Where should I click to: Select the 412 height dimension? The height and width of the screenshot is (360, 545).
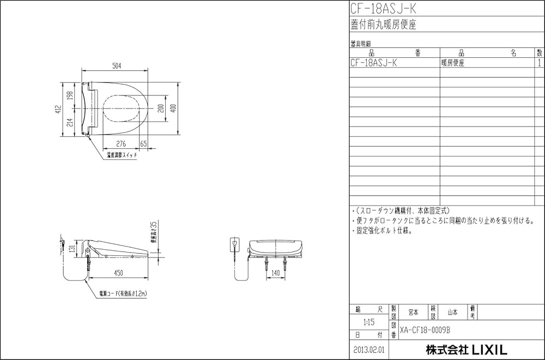point(58,109)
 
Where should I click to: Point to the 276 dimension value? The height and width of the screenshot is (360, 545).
point(121,143)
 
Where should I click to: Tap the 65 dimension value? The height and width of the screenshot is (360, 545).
point(143,143)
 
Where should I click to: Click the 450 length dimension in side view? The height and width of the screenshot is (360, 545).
point(118,272)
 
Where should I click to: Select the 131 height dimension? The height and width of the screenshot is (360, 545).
point(71,249)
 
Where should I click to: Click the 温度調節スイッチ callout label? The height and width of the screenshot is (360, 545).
point(122,155)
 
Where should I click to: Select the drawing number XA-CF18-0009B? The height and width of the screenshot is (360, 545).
point(425,330)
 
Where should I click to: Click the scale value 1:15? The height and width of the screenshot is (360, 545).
point(369,322)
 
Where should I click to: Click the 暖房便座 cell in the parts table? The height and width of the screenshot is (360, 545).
point(453,63)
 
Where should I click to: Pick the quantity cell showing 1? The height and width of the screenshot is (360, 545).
point(539,63)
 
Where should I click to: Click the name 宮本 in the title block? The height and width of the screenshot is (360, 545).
point(413,313)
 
